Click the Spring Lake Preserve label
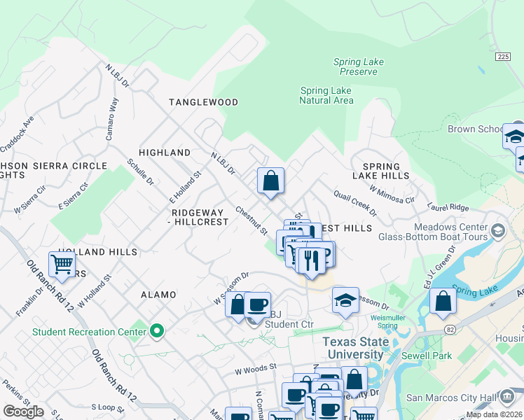click(358, 66)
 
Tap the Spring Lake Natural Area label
click(326, 95)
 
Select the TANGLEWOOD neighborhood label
click(203, 102)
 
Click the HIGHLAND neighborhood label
click(165, 153)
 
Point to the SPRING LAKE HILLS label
click(381, 171)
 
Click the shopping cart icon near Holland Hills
click(62, 265)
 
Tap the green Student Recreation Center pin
click(158, 330)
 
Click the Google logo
click(23, 412)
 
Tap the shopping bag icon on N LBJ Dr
click(270, 181)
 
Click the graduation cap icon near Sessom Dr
click(345, 300)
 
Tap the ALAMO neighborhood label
click(158, 295)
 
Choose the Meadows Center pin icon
click(497, 230)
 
